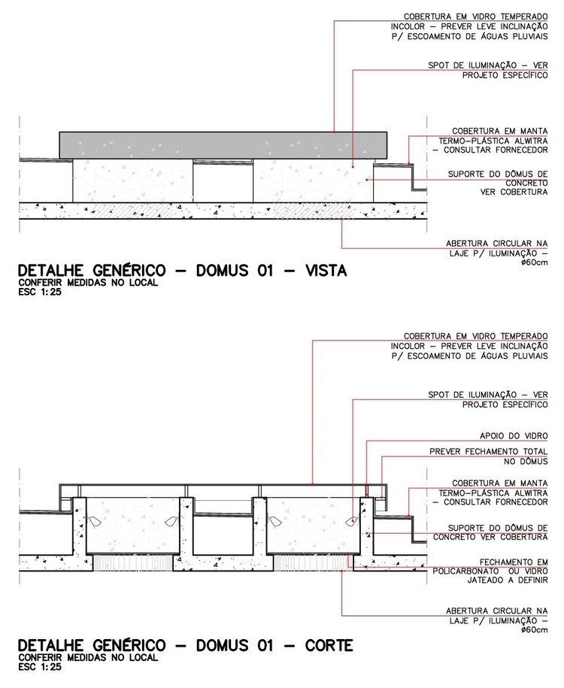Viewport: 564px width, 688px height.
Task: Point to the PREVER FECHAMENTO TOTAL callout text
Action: coord(496,452)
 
